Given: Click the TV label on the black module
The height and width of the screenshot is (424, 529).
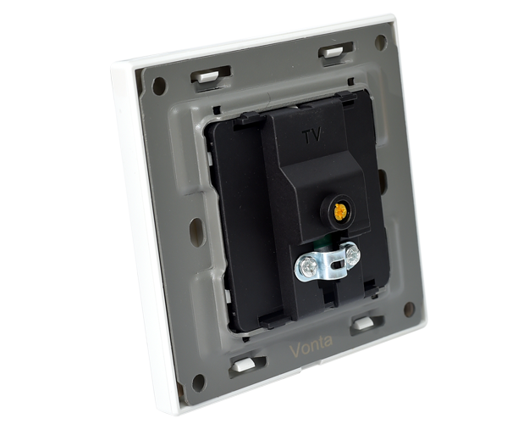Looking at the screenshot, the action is point(312,136).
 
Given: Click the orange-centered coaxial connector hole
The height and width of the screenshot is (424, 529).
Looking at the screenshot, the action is point(340,211).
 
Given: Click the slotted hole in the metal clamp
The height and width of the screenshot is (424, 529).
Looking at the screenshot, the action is point(338,264).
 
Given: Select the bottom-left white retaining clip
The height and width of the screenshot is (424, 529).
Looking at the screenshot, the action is point(244,365).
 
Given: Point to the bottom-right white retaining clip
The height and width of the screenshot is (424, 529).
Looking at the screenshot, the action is point(362,323).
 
